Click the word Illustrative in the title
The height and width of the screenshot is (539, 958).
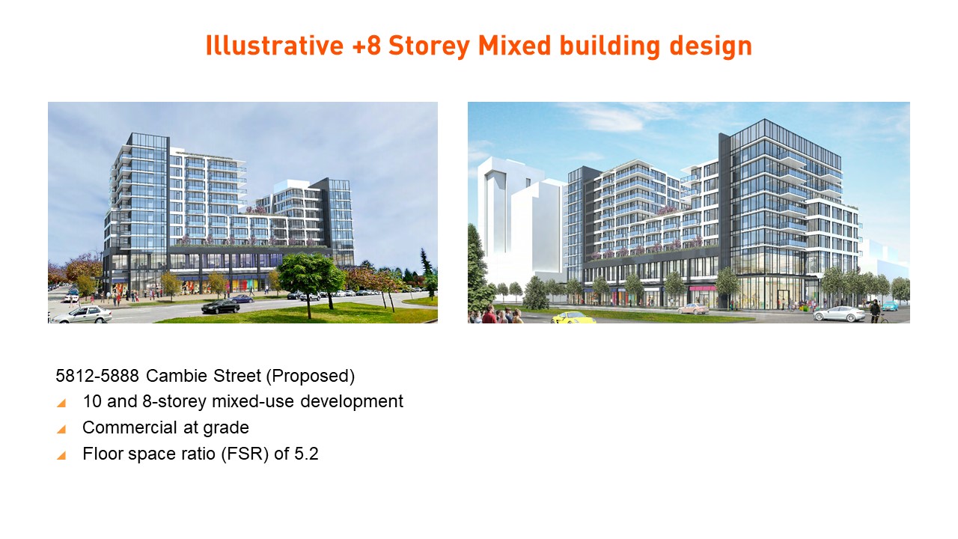tap(275, 46)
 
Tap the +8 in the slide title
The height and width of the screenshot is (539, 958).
tap(366, 46)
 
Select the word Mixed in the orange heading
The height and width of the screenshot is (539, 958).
tap(514, 46)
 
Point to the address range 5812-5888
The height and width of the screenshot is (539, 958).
tap(97, 376)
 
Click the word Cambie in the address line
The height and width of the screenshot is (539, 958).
tap(177, 376)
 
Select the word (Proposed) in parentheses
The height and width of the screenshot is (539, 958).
tap(311, 376)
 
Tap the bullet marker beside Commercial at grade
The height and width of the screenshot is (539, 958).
tap(61, 429)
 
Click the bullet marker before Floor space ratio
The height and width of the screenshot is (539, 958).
tap(61, 455)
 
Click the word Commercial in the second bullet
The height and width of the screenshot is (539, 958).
tap(129, 427)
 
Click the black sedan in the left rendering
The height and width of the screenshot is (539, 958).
tap(220, 306)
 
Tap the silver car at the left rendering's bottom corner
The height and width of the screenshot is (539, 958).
tap(81, 315)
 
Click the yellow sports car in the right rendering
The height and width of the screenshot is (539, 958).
tap(573, 318)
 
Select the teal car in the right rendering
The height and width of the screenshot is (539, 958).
tap(890, 306)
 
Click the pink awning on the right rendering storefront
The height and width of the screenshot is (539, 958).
tap(702, 288)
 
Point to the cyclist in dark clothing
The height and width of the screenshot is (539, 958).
tap(875, 311)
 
